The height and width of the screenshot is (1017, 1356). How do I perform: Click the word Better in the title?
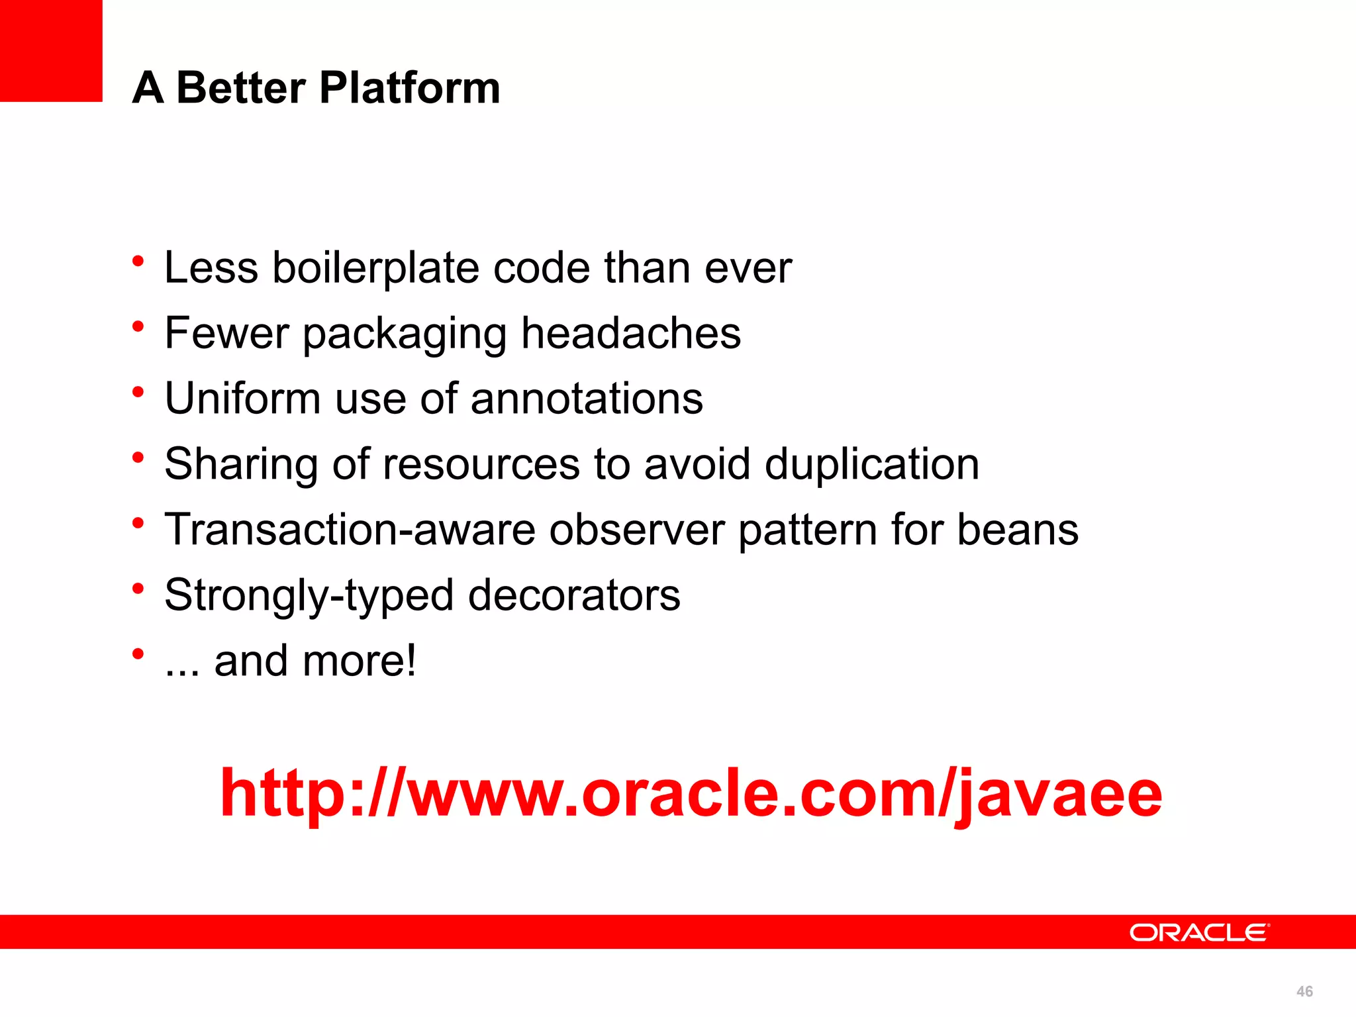point(241,87)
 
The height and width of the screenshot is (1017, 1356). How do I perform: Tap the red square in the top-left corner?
point(51,50)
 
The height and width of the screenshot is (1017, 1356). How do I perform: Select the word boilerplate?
point(375,267)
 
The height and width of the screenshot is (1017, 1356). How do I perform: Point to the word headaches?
point(630,332)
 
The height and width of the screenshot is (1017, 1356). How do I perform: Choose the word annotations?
point(587,398)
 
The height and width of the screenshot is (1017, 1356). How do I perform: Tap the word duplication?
point(871,463)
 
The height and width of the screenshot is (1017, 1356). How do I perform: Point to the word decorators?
point(574,595)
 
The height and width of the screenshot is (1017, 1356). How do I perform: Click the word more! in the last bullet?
point(360,660)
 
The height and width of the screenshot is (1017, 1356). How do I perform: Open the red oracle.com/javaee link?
point(691,793)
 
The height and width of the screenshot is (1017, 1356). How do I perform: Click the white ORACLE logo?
point(1199,932)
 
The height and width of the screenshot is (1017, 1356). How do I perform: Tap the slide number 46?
point(1304,991)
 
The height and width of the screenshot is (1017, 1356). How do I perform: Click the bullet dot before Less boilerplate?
point(138,260)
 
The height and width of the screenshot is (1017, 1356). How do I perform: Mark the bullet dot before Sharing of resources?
point(138,457)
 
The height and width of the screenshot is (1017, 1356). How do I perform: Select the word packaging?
point(405,334)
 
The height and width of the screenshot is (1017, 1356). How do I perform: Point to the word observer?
point(636,529)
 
